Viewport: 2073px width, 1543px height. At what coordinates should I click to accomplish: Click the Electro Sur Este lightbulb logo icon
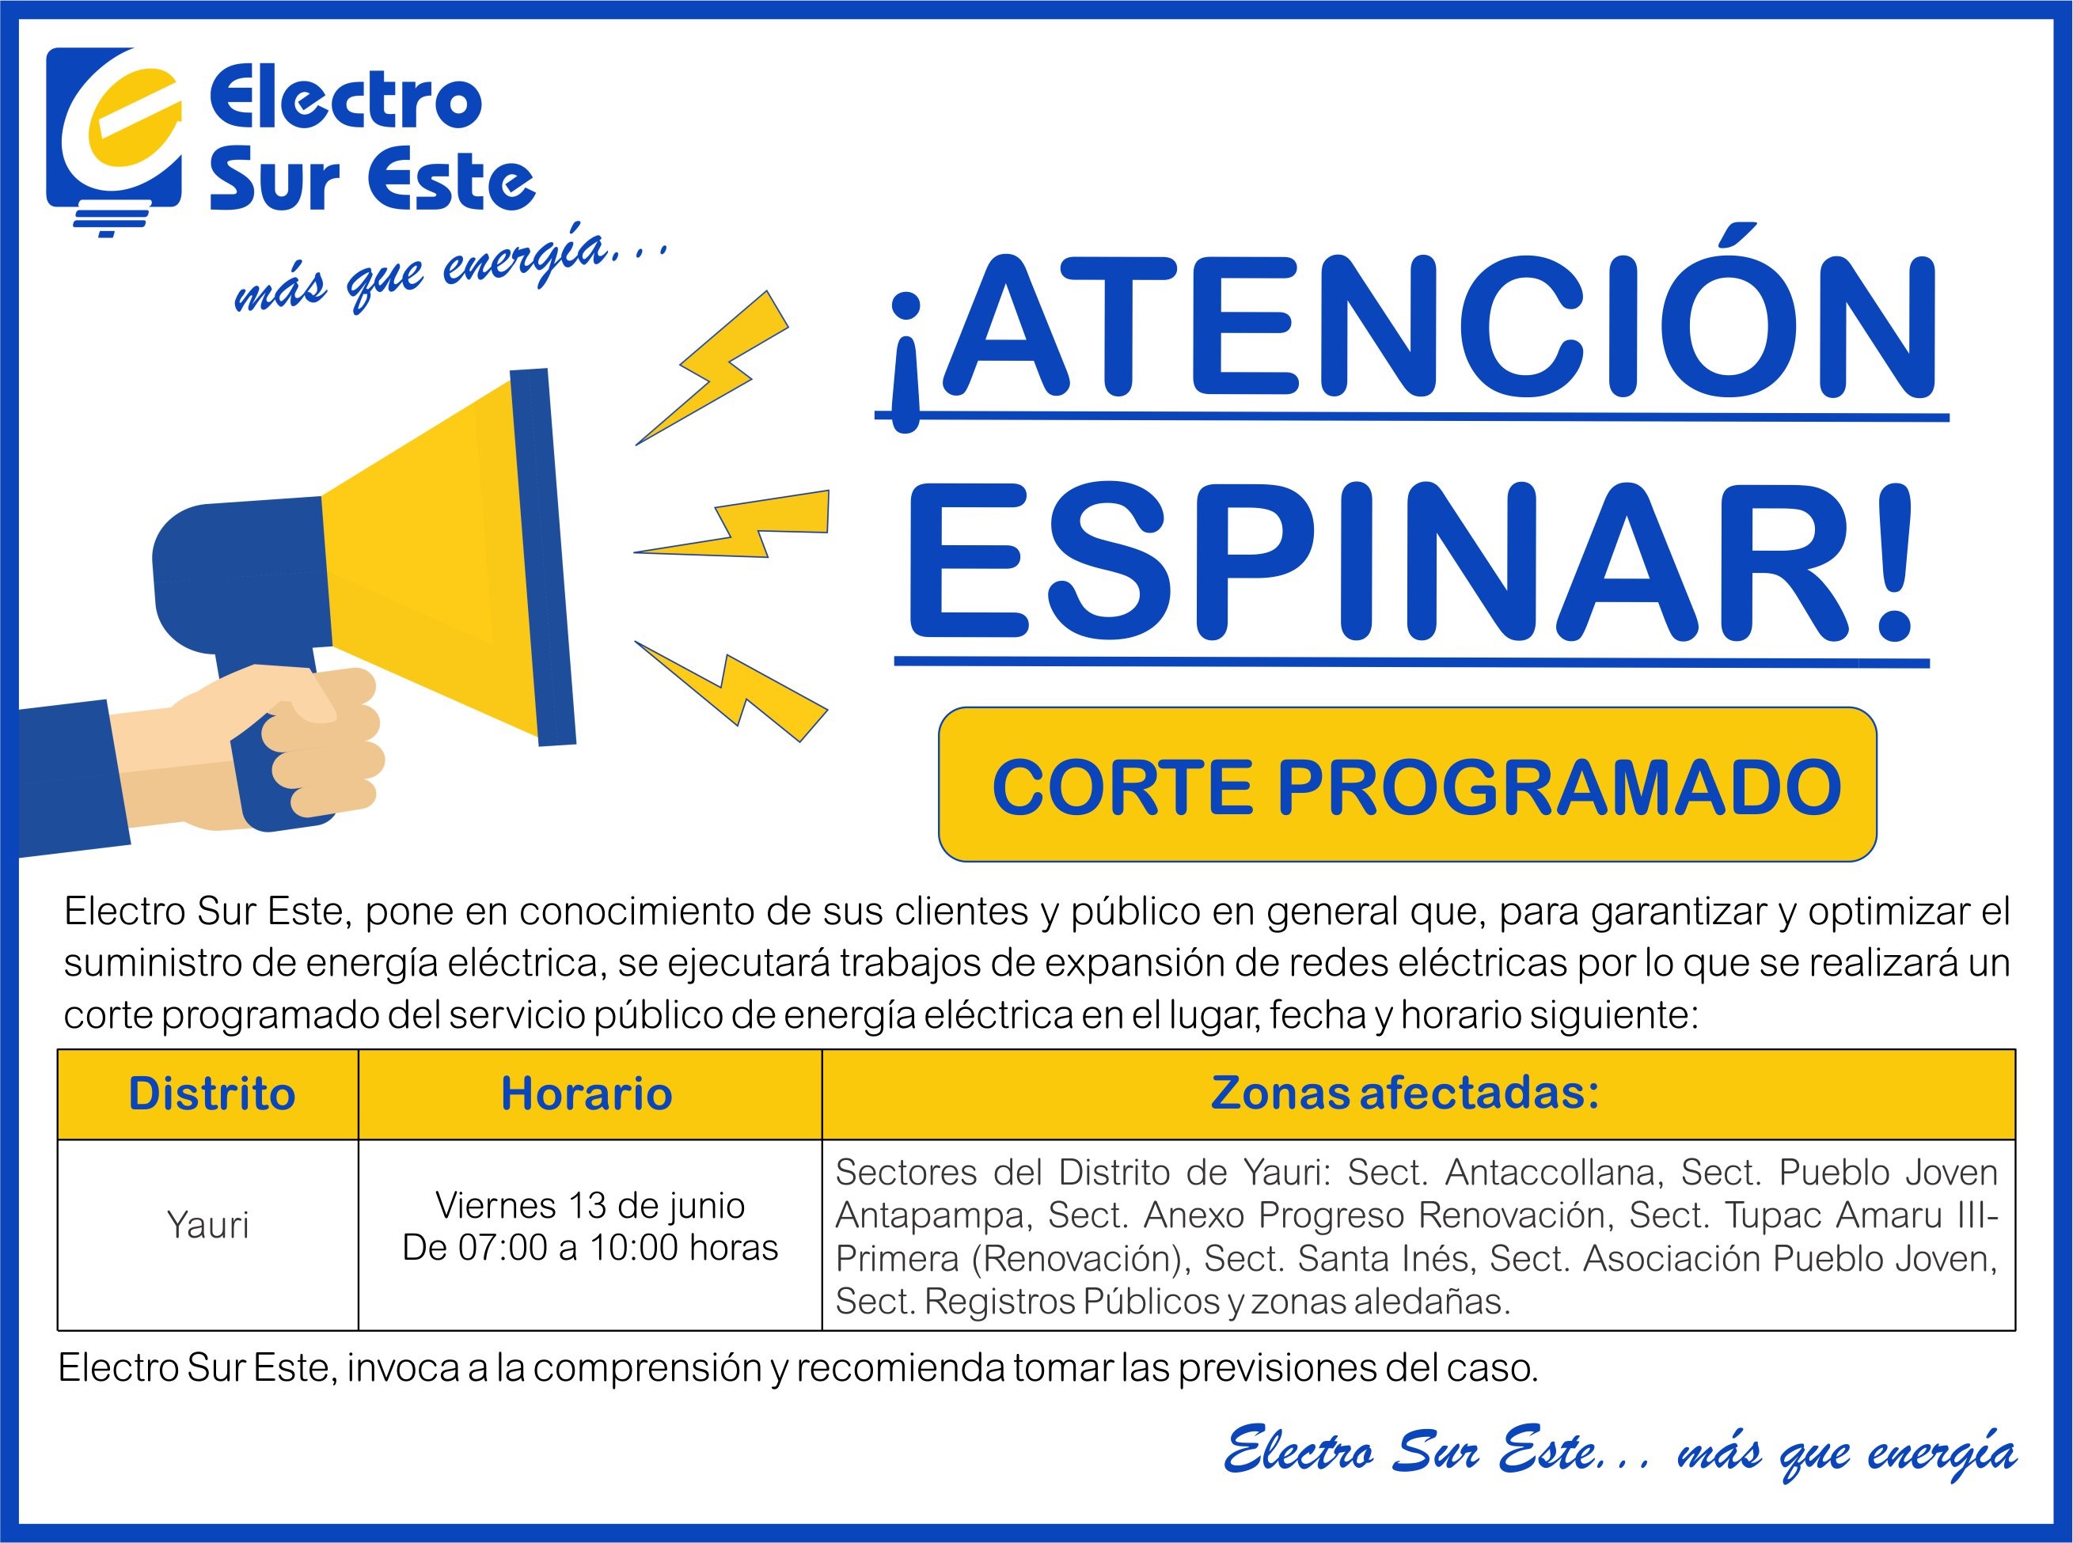tap(113, 140)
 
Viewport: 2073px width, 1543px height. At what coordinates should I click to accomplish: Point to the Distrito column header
tap(211, 1094)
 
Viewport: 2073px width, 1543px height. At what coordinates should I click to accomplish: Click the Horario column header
tap(587, 1094)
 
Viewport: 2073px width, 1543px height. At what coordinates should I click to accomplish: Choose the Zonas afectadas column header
tap(1405, 1093)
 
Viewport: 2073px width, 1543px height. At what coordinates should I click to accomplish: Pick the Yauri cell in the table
tap(207, 1224)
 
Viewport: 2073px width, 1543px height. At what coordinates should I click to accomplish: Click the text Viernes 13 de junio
tap(590, 1206)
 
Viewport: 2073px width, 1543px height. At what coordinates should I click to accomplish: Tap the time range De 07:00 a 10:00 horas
tap(590, 1248)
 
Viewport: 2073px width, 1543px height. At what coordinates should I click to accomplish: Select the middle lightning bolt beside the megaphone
tap(731, 524)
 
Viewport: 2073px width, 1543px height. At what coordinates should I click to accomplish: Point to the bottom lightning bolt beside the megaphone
tap(731, 691)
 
